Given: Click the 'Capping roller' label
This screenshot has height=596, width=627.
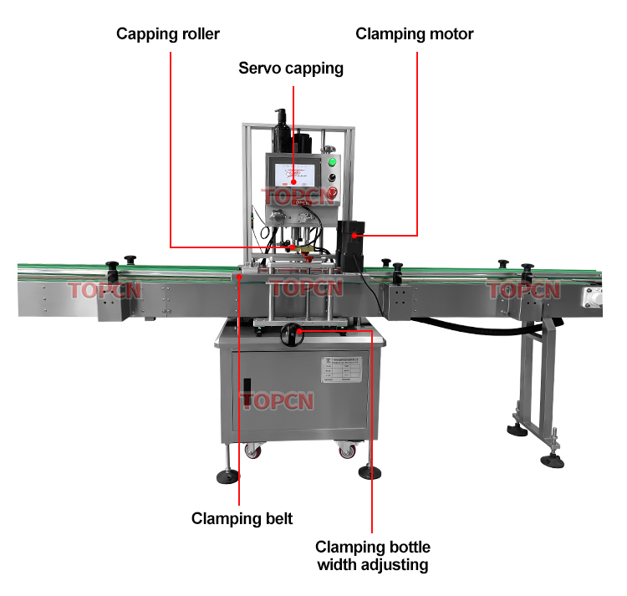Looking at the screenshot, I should pyautogui.click(x=168, y=34).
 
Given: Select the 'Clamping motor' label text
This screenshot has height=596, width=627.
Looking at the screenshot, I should pyautogui.click(x=415, y=34).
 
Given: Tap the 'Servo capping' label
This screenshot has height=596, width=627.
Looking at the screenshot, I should pyautogui.click(x=291, y=69).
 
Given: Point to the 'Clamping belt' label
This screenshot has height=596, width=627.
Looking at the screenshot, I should pyautogui.click(x=242, y=518).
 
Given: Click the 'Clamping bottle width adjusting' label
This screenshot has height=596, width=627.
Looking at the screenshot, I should pyautogui.click(x=373, y=556).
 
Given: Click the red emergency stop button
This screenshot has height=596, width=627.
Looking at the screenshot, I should pyautogui.click(x=334, y=194).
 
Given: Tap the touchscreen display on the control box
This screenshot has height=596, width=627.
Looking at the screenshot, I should pyautogui.click(x=293, y=175).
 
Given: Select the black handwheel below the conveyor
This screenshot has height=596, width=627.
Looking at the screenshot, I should pyautogui.click(x=292, y=334).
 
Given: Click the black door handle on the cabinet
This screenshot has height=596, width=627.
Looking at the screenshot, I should pyautogui.click(x=247, y=393).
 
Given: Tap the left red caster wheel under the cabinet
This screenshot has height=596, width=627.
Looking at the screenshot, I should pyautogui.click(x=252, y=452).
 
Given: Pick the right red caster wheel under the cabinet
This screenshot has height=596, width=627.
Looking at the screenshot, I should pyautogui.click(x=345, y=452).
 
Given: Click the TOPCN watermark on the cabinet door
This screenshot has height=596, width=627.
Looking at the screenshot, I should pyautogui.click(x=278, y=400).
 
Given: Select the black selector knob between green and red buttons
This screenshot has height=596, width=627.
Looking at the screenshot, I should pyautogui.click(x=333, y=177).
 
